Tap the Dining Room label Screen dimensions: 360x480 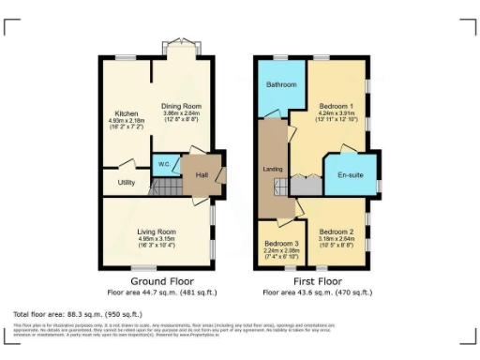[181, 106]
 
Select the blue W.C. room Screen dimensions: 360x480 [164, 165]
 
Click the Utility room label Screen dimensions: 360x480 [127, 181]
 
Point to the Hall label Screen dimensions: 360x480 [201, 173]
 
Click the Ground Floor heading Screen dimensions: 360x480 [161, 280]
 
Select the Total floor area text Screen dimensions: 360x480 [78, 313]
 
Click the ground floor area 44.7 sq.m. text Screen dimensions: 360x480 [161, 292]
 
